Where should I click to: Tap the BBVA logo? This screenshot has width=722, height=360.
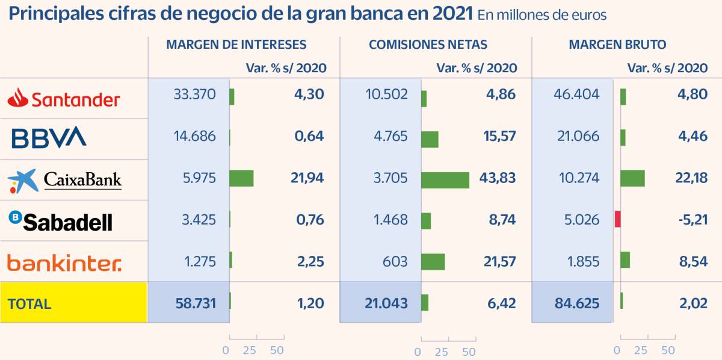[x=49, y=138]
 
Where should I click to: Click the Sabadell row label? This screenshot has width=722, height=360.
[x=60, y=221]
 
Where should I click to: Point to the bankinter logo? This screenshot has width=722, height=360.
[x=64, y=262]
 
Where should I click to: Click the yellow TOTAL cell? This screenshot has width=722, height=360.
[x=73, y=303]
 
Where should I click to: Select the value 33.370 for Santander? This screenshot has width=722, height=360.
[x=195, y=95]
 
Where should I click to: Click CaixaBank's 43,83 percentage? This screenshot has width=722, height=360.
[x=500, y=178]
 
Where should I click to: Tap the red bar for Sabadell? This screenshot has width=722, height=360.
[x=617, y=219]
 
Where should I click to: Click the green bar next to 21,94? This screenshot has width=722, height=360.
[x=241, y=178]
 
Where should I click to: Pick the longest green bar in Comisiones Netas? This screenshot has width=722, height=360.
[x=445, y=180]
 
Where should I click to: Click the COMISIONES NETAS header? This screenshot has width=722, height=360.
[x=428, y=45]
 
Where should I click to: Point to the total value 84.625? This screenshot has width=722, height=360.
[x=577, y=303]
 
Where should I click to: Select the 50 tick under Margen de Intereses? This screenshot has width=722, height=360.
[x=277, y=350]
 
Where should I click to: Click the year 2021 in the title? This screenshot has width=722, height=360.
[x=452, y=13]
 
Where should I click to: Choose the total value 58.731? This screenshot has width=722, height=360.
[x=194, y=303]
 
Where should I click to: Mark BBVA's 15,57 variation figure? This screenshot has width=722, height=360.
[x=499, y=136]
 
